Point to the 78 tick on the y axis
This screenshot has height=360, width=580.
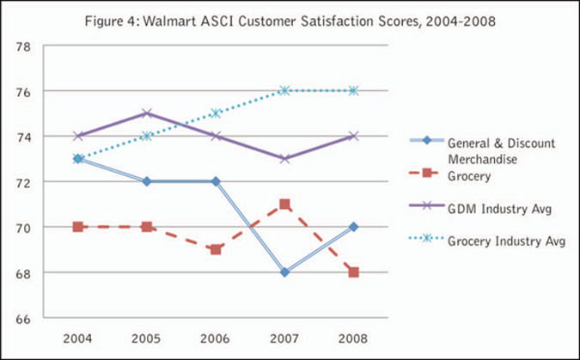point(25,46)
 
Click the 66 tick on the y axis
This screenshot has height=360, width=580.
point(25,319)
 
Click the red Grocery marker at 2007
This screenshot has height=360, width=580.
point(284,204)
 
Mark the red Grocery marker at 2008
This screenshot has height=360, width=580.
point(353,272)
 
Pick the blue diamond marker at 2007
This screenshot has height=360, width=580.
point(284,272)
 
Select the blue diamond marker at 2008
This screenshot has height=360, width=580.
point(353,227)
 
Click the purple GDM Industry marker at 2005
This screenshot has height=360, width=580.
point(147,113)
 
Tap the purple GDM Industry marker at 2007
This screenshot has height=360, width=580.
point(284,159)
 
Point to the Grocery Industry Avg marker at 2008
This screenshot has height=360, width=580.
point(353,90)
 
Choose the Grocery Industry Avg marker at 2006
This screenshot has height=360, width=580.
point(216,113)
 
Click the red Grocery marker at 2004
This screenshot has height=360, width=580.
point(78,227)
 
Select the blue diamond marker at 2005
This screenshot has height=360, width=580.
point(147,181)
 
